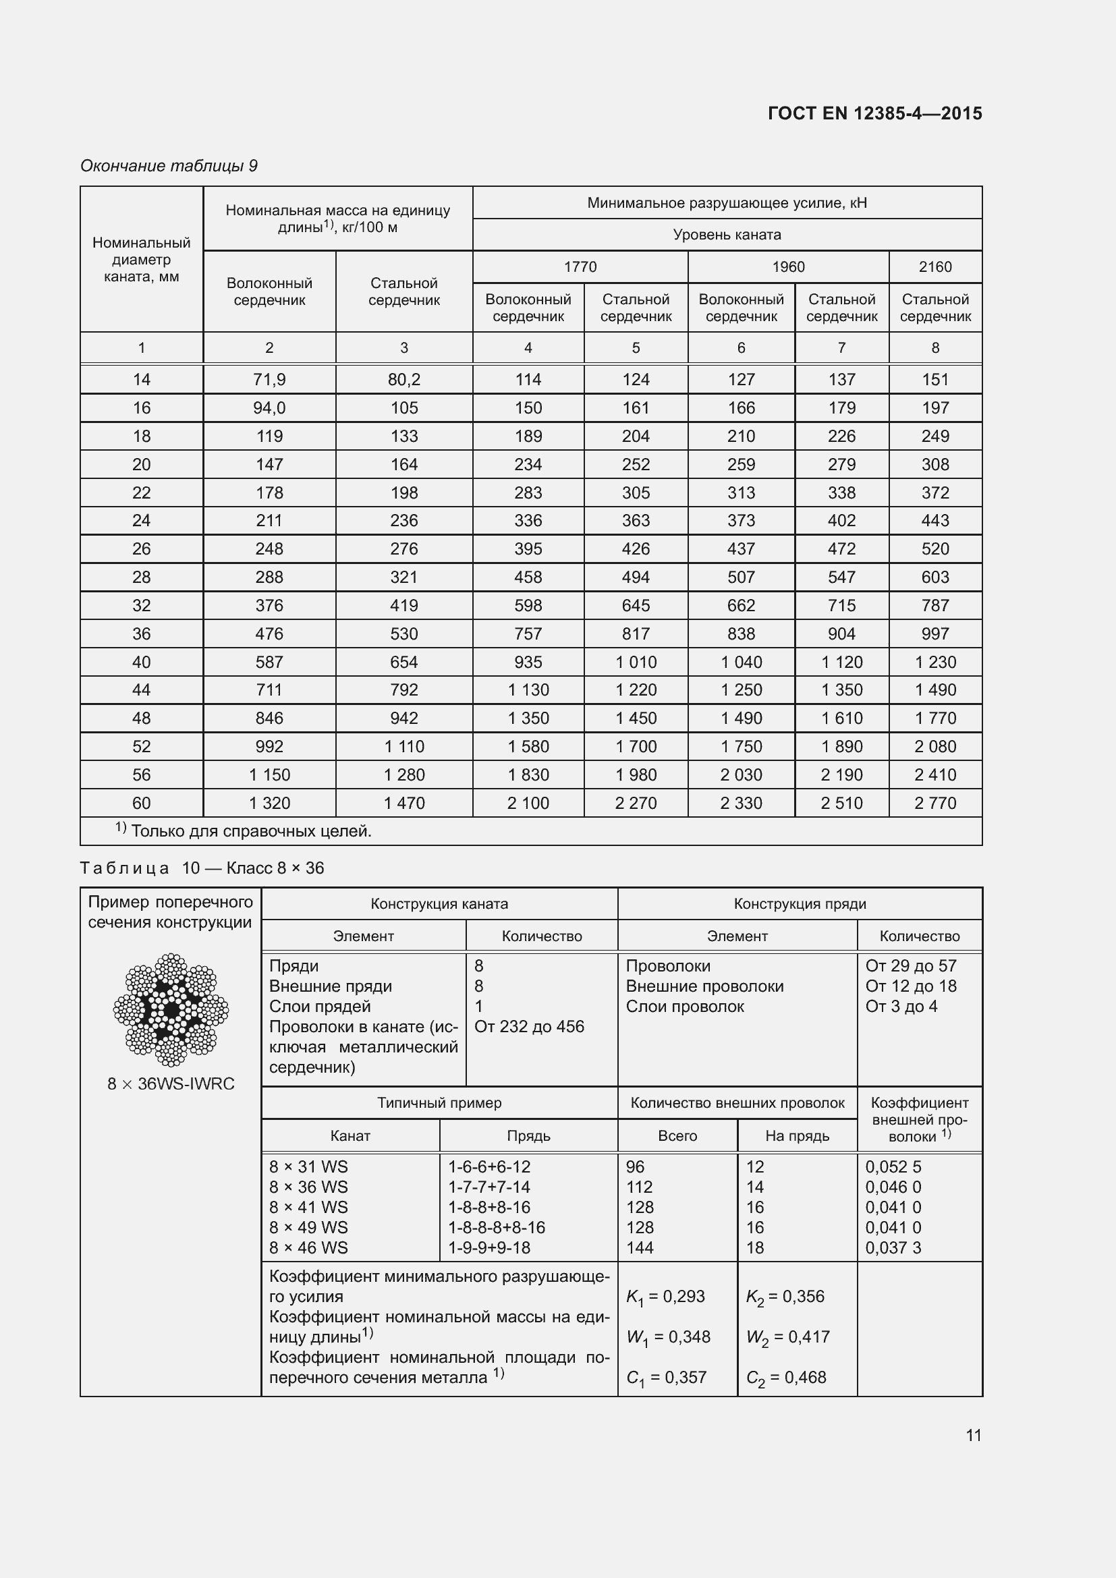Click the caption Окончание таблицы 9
pos(169,166)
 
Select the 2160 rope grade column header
pos(934,266)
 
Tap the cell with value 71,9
pos(269,379)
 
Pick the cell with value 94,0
pos(269,407)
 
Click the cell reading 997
pos(934,633)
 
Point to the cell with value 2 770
pos(934,803)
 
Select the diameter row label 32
pos(142,605)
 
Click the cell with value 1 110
pos(404,746)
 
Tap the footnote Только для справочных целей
pos(250,831)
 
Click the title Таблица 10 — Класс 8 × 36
pos(202,868)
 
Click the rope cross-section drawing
pos(171,1010)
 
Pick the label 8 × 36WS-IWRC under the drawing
pos(171,1084)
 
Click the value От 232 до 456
pos(529,1027)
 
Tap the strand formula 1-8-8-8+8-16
pos(496,1227)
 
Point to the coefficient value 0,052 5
pos(893,1167)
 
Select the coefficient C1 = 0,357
pos(666,1378)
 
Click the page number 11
pos(973,1435)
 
